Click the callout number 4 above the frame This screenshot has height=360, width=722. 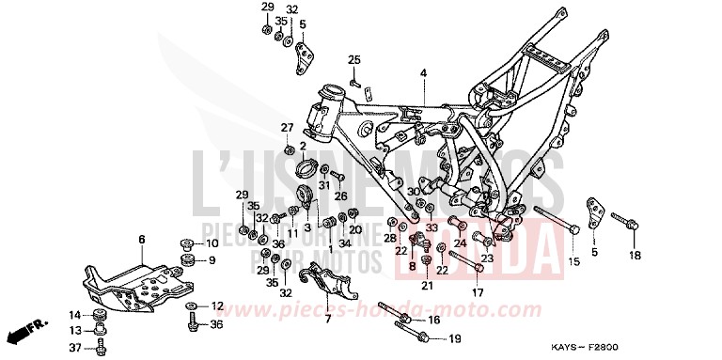(423, 72)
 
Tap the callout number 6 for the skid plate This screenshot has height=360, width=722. (142, 240)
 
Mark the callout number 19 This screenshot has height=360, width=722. (453, 338)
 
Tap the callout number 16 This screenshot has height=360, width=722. (433, 321)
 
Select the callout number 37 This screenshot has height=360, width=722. (75, 349)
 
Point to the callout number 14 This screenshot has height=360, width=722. (75, 314)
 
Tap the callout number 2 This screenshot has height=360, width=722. (303, 146)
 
